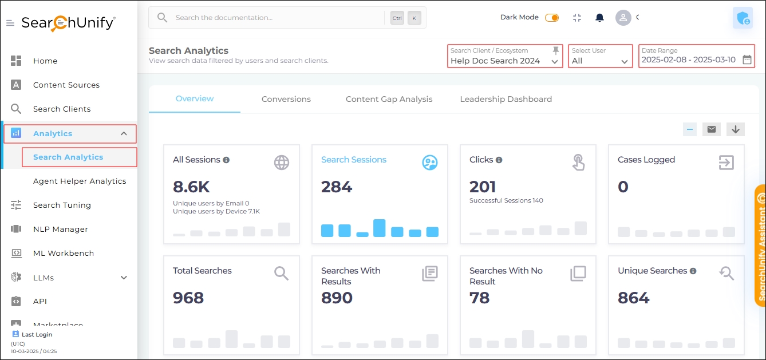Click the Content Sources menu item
(66, 85)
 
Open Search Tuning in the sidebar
(62, 205)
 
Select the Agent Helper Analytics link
(80, 181)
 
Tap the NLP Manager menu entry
(60, 229)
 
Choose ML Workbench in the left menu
(63, 253)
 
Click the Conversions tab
(286, 99)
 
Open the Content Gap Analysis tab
(389, 99)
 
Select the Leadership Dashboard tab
(506, 99)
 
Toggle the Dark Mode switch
(552, 18)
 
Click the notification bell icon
(599, 18)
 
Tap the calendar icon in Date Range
(747, 60)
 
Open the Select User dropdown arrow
(624, 61)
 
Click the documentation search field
(275, 18)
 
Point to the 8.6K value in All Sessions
(191, 187)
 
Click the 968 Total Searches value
(188, 298)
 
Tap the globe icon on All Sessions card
(281, 163)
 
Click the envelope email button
(711, 129)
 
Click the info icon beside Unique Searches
(693, 271)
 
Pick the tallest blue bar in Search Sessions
(379, 228)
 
